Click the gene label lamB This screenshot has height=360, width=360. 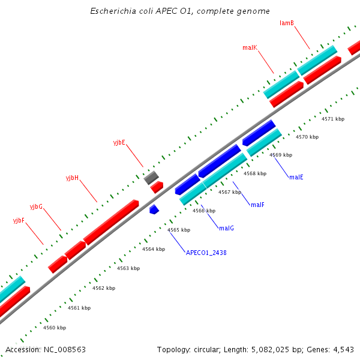[286, 23]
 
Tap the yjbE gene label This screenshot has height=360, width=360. [119, 142]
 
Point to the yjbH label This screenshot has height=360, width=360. [73, 178]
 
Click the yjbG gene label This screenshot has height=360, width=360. [37, 206]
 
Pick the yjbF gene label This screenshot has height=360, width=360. [19, 221]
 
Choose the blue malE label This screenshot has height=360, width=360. [296, 178]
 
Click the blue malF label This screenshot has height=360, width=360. [257, 205]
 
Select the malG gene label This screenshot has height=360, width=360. [226, 228]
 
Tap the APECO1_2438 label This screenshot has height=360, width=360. [206, 253]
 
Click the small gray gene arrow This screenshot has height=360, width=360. [151, 177]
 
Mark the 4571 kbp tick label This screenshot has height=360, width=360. [333, 119]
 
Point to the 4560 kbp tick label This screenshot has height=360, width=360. [55, 328]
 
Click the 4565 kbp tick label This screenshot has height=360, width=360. [179, 230]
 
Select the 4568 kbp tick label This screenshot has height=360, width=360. [255, 173]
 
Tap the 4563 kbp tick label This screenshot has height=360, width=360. [128, 268]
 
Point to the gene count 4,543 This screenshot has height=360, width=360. [343, 349]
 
